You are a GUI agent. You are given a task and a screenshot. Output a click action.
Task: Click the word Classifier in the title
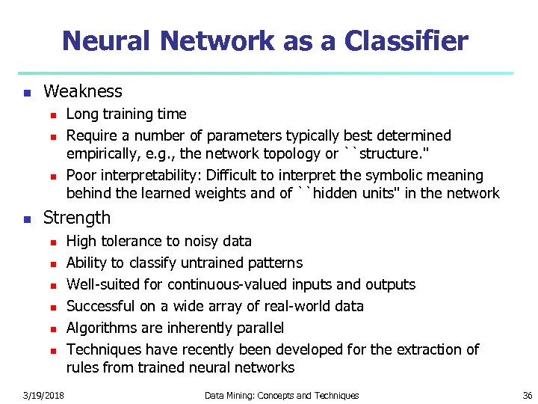(406, 40)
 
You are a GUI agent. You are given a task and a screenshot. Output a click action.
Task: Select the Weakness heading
(83, 91)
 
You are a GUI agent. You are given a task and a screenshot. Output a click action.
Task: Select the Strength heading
(77, 218)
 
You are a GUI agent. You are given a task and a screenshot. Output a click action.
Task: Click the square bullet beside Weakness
(26, 93)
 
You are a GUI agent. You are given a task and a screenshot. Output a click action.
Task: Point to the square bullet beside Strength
(26, 219)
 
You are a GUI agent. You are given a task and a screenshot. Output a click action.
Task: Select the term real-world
(293, 306)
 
